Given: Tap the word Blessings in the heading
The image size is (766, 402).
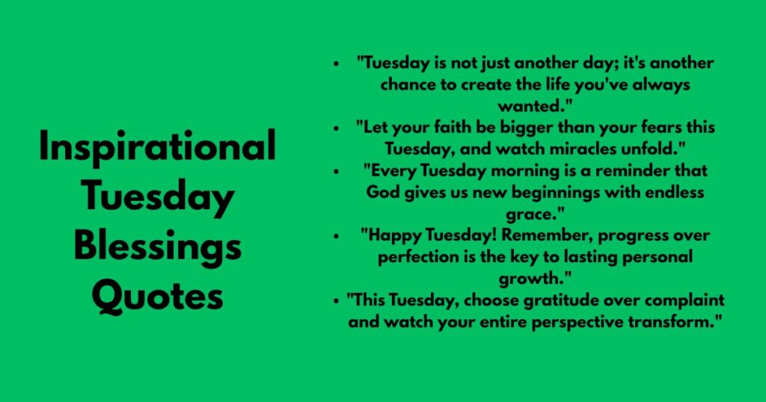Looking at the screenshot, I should point(157,247).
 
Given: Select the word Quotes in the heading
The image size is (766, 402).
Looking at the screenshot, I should point(157,297).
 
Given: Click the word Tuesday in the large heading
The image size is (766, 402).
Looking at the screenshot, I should point(157,197).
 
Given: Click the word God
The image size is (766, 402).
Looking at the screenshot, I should point(383,192).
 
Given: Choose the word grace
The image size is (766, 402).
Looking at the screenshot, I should point(534,214).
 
